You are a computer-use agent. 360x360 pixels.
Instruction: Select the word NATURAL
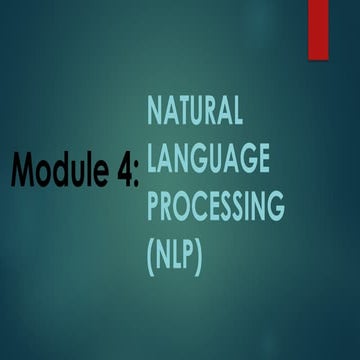195,112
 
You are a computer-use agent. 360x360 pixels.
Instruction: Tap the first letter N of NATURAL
157,112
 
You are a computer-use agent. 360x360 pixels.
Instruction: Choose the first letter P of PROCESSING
156,207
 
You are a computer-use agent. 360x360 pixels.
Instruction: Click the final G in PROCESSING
274,207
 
